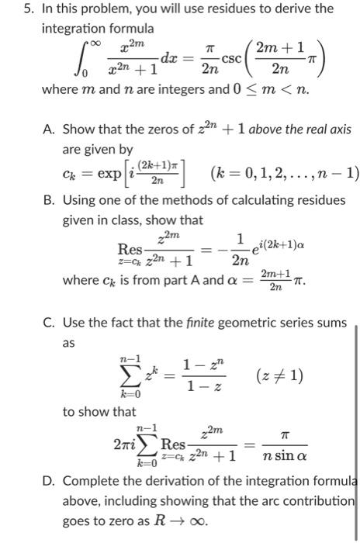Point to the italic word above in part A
234,130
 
